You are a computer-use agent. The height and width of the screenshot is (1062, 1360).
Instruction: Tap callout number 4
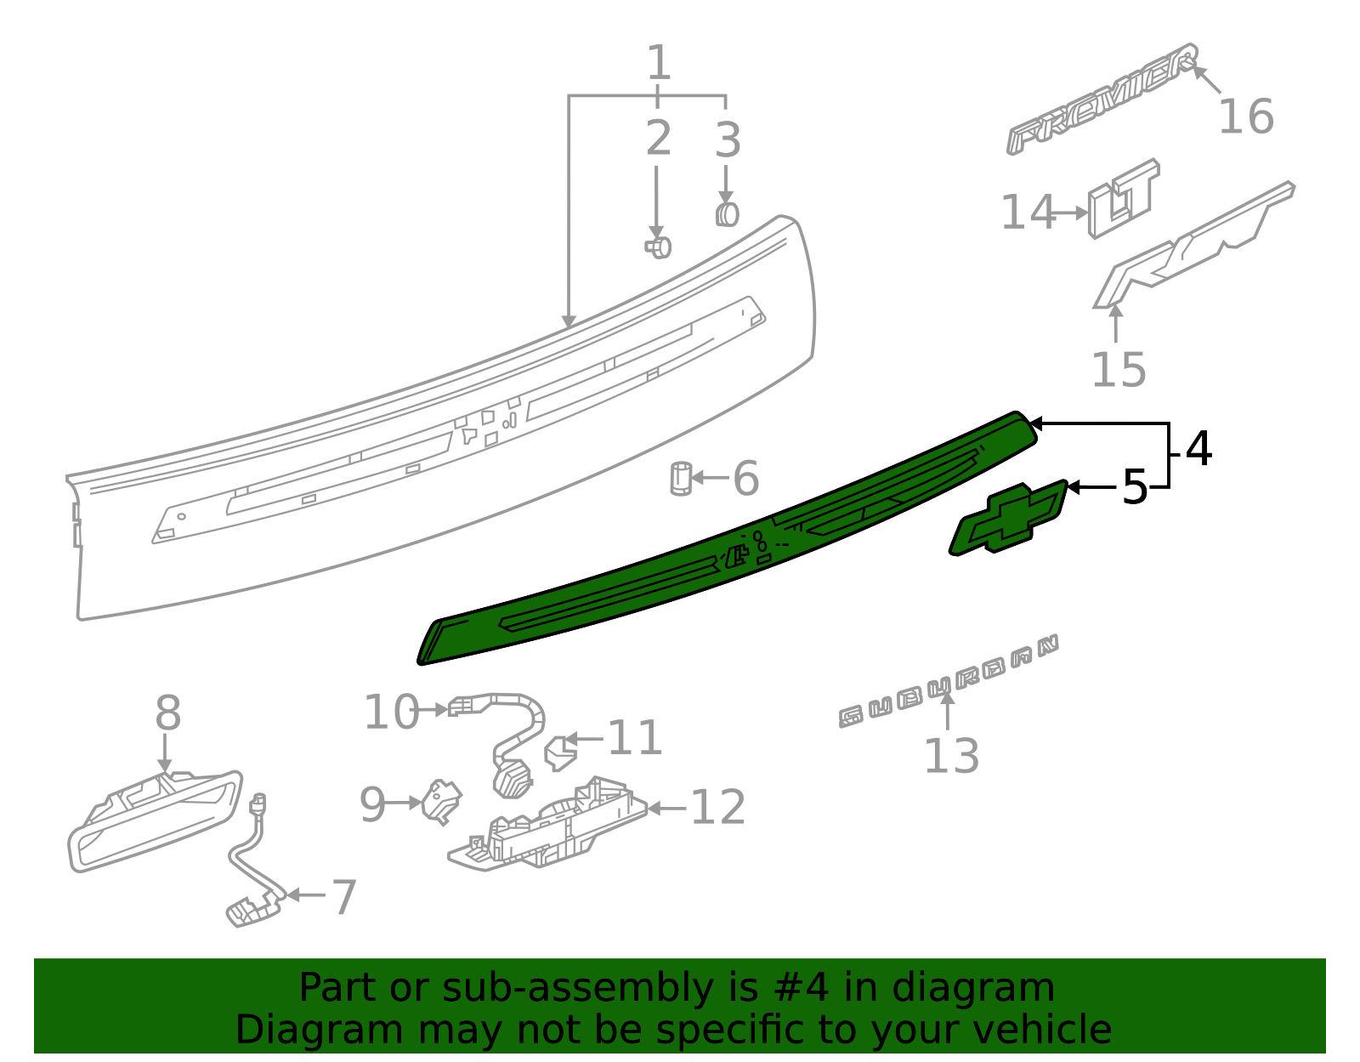click(x=1198, y=448)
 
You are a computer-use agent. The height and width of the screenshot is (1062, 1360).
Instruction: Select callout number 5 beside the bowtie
click(x=1134, y=487)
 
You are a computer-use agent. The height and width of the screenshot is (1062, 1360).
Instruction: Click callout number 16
click(x=1246, y=116)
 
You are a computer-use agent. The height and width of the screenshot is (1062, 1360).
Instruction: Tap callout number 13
click(x=951, y=756)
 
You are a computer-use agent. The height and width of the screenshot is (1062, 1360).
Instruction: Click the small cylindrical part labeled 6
click(x=681, y=479)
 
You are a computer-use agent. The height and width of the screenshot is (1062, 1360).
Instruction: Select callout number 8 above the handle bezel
click(x=167, y=713)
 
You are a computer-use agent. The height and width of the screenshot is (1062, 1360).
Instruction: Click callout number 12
click(x=717, y=807)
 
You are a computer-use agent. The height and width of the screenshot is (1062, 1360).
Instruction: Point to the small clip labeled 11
click(x=559, y=752)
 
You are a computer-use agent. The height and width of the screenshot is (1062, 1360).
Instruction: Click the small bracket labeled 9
click(x=442, y=802)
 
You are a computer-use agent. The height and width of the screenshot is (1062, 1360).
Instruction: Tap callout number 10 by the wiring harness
click(x=391, y=712)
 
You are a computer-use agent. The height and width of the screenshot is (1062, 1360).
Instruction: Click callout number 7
click(x=343, y=897)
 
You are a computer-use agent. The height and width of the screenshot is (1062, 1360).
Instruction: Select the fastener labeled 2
click(x=658, y=247)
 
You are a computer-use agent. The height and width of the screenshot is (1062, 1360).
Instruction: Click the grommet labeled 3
click(x=727, y=214)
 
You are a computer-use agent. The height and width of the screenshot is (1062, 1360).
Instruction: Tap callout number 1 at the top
click(x=659, y=63)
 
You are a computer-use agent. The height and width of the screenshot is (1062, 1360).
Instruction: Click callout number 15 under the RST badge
click(x=1118, y=370)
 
